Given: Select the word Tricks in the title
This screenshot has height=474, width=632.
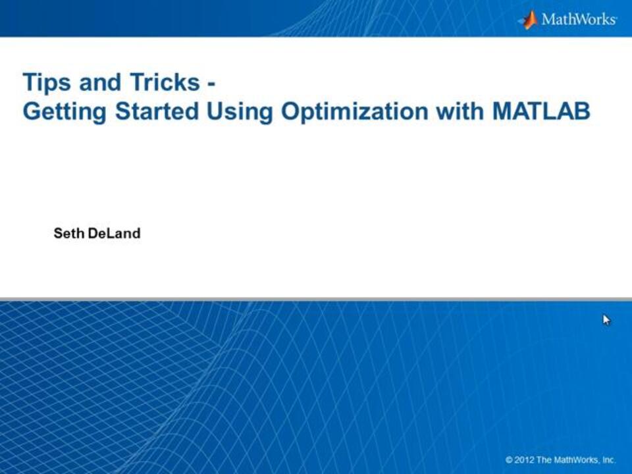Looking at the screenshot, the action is (x=165, y=82).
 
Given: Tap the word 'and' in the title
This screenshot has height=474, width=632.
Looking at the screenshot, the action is (x=100, y=82).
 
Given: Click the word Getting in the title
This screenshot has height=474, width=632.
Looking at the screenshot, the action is (x=65, y=112).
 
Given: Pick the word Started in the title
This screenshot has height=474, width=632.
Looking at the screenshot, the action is (x=157, y=111).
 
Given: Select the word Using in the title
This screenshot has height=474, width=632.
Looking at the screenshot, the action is (x=240, y=112).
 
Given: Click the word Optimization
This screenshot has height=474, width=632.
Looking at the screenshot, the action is (x=354, y=112).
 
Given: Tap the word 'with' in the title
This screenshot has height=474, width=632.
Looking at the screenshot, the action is (x=460, y=111).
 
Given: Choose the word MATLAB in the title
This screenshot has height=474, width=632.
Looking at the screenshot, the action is (x=541, y=111).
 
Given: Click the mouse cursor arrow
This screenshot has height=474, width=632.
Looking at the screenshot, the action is (x=606, y=320).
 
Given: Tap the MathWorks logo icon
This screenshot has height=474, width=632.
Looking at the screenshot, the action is (x=529, y=19).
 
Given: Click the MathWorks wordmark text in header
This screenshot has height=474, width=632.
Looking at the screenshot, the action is (x=579, y=19).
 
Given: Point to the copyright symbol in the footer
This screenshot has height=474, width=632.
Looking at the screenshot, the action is (x=509, y=460).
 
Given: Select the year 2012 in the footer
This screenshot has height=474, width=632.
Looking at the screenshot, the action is (x=524, y=460).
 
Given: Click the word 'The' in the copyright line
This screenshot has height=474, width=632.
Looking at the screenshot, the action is (x=544, y=460).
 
